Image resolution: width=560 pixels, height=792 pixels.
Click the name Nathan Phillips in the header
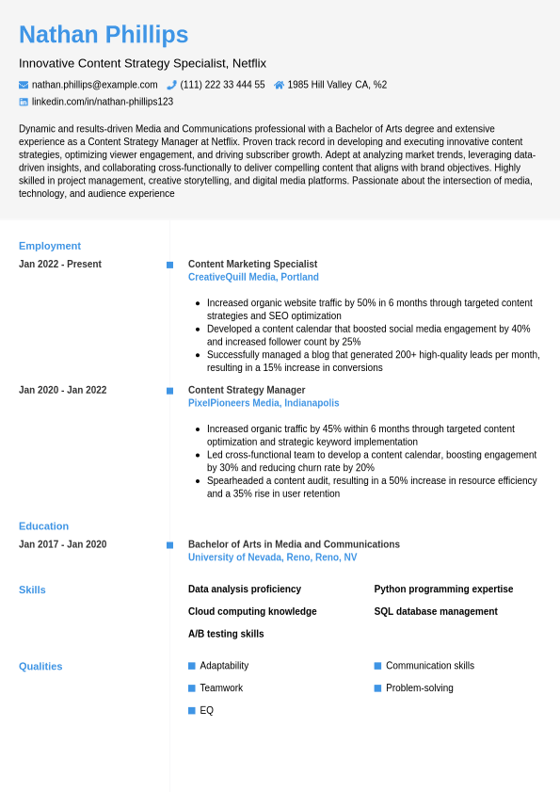click(x=104, y=35)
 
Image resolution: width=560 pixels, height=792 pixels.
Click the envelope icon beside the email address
click(x=24, y=85)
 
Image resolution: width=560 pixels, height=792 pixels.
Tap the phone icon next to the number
click(x=171, y=85)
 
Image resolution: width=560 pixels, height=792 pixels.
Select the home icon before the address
click(x=279, y=85)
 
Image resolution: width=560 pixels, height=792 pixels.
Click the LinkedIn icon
click(x=24, y=102)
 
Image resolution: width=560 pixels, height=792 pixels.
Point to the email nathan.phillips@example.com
click(x=94, y=85)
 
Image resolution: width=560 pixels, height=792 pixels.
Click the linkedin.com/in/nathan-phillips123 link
click(x=102, y=102)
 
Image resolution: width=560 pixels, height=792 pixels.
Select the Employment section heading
click(x=50, y=246)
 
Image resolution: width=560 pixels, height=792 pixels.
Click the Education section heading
click(x=43, y=526)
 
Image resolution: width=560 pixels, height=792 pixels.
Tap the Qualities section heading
click(x=40, y=666)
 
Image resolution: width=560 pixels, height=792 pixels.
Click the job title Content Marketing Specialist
click(x=252, y=265)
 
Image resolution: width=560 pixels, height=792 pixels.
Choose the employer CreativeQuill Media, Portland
click(x=253, y=278)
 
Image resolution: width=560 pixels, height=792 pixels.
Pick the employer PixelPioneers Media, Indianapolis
click(x=264, y=403)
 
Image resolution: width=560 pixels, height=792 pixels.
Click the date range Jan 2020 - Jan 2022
click(x=62, y=390)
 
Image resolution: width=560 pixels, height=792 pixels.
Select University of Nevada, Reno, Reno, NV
click(x=272, y=558)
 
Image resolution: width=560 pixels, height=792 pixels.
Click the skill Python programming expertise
click(x=443, y=590)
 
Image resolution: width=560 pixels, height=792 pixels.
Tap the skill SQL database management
click(x=436, y=612)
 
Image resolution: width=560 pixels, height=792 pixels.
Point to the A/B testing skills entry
click(x=226, y=634)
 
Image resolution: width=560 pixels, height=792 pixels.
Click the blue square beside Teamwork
click(x=192, y=688)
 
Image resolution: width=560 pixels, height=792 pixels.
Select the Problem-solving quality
click(x=419, y=688)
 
